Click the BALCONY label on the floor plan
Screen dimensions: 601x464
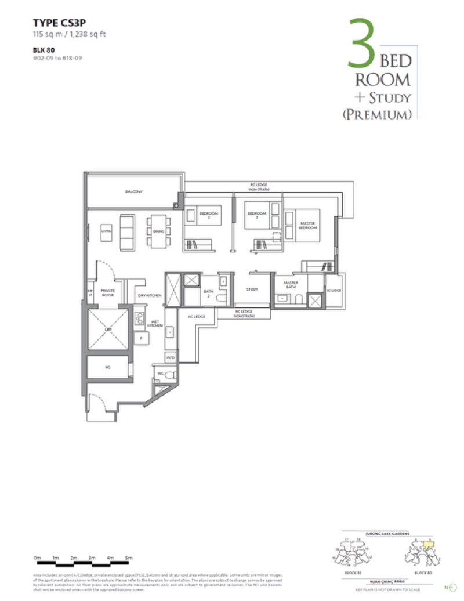coord(134,191)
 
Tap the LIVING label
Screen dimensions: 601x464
coord(106,231)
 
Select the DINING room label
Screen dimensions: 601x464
coord(159,231)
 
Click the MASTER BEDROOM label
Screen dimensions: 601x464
coord(307,226)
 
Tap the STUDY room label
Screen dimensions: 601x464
coord(252,289)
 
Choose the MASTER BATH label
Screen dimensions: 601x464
coord(291,285)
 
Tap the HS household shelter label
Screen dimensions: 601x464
coord(107,367)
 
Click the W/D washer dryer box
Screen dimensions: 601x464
coord(170,358)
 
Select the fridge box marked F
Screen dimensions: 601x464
coord(140,338)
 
